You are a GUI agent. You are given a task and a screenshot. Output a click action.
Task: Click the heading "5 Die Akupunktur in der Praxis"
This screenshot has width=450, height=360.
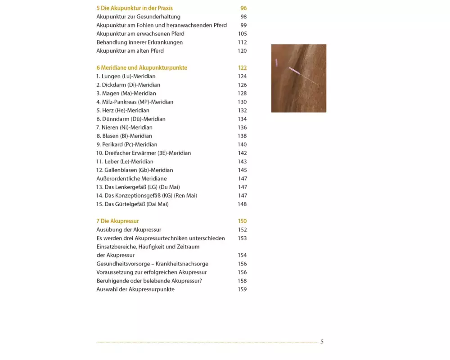coord(134,8)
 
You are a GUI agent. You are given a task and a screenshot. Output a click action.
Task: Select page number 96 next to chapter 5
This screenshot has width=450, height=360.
coord(243,8)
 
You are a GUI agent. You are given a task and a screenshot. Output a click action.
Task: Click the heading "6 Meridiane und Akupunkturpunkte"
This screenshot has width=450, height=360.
coord(142,68)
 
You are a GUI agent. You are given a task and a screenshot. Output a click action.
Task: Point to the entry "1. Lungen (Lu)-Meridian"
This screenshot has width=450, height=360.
coord(126,76)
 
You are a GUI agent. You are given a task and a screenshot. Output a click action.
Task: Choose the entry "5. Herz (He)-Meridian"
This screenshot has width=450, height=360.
coord(123,110)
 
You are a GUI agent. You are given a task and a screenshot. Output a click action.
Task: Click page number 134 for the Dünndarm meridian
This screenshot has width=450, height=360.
coord(242,119)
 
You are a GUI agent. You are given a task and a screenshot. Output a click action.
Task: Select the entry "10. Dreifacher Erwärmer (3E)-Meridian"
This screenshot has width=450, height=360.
coord(144,153)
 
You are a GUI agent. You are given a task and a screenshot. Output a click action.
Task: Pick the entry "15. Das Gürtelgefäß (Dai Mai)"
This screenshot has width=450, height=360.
coord(132,204)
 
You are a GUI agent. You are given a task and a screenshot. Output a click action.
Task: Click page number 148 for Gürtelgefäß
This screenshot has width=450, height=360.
coord(242,204)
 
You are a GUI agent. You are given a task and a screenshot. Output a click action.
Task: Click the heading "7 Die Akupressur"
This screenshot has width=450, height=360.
coord(117,221)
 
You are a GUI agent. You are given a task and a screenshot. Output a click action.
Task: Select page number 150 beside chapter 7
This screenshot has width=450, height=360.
coord(242,221)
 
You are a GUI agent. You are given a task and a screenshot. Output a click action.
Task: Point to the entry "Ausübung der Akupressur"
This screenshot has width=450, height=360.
coord(129,230)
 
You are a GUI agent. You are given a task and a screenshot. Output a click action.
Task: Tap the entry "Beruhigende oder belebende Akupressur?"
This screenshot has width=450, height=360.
coord(149,281)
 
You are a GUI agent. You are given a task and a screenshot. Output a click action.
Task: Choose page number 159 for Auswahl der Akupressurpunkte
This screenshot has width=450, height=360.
coord(242,289)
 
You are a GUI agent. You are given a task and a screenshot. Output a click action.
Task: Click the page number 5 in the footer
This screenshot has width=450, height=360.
coord(322,342)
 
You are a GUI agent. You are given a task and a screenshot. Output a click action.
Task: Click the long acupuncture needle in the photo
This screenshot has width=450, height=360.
coord(303,76)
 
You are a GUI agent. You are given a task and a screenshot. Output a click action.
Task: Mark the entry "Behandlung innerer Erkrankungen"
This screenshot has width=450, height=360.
coord(139,42)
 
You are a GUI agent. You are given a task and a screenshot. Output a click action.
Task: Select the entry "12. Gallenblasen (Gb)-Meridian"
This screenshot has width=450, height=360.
coord(135,170)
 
